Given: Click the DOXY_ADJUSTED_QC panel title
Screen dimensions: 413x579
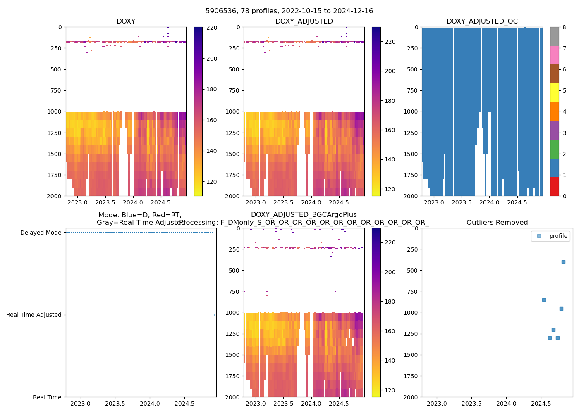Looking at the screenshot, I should pos(482,21).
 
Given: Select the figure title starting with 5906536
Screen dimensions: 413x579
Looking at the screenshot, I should pos(289,11).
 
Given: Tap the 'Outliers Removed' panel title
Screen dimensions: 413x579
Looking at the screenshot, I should pos(497,223).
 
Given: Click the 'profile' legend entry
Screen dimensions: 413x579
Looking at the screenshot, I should pos(558,236).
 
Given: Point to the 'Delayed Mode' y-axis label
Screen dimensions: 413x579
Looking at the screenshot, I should pos(41,233).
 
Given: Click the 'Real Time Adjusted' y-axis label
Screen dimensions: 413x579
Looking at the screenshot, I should pos(33,315).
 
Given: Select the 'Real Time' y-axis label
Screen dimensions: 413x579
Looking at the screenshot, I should pos(47,397).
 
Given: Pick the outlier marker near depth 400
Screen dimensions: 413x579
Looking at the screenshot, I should pos(563,262).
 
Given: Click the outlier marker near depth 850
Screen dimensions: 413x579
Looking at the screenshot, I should pos(544,300).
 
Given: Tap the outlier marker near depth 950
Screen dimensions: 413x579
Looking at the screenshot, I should pos(561,309).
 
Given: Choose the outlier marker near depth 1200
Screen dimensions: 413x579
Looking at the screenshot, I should pos(553,330).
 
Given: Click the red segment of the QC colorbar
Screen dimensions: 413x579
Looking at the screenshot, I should pos(554,186).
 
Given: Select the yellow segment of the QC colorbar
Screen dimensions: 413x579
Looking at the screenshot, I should pos(554,93).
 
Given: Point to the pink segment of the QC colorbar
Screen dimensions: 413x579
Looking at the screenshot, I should pos(554,55).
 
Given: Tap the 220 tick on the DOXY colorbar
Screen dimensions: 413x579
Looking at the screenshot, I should pos(212,28).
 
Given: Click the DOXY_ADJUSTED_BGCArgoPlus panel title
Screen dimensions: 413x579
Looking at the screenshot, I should pos(304,215).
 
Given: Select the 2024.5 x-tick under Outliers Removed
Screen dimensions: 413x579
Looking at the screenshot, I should pos(540,404).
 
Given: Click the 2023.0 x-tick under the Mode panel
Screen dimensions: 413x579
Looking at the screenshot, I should pos(81,404).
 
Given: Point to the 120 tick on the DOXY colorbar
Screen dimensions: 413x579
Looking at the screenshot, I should pos(212,182).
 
